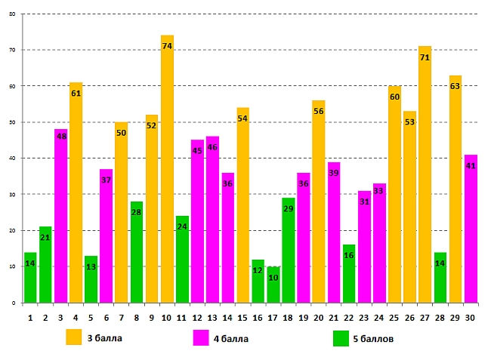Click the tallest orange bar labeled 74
pyautogui.click(x=167, y=174)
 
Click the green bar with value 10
pyautogui.click(x=273, y=287)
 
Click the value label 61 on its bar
pyautogui.click(x=76, y=94)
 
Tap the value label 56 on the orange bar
pyautogui.click(x=319, y=112)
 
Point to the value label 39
pyautogui.click(x=334, y=174)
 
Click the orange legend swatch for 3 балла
pyautogui.click(x=74, y=337)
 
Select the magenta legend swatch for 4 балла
pyautogui.click(x=202, y=337)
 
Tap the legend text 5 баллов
pyautogui.click(x=373, y=339)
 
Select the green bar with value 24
pyautogui.click(x=182, y=260)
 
